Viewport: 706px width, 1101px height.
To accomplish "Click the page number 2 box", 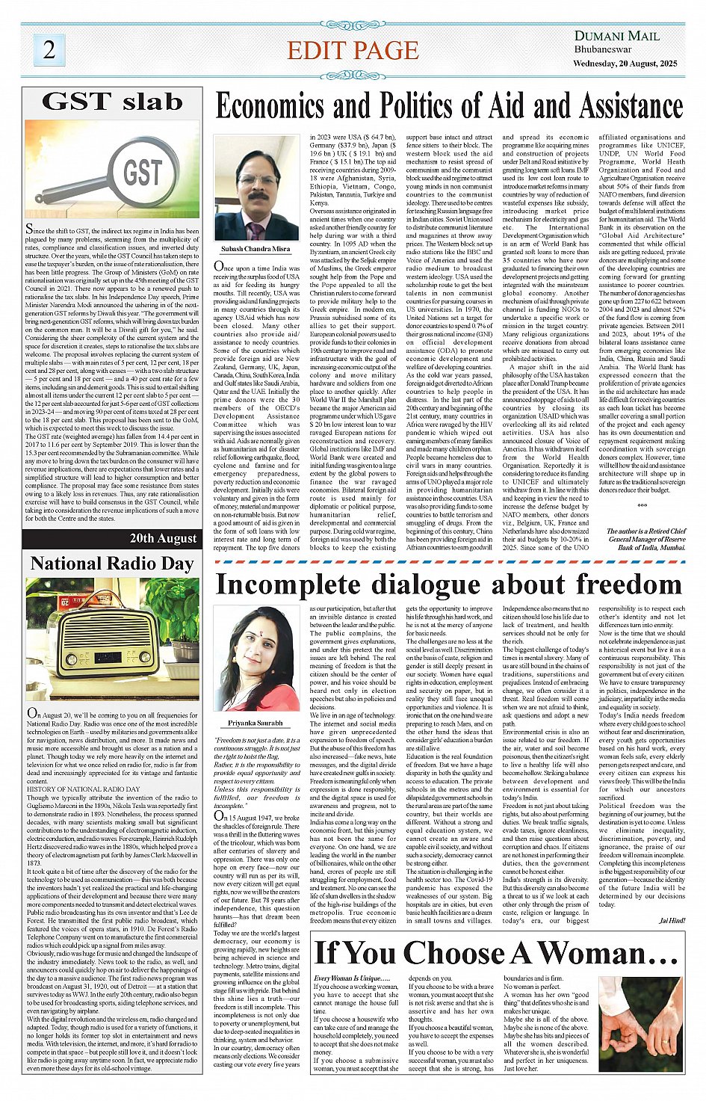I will click(x=49, y=50).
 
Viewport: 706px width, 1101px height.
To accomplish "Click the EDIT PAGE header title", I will click(x=353, y=51).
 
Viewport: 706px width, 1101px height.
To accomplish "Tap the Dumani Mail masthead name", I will click(x=616, y=36).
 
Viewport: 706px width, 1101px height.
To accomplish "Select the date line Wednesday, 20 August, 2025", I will click(x=625, y=64).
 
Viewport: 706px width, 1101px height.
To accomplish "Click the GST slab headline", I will click(x=112, y=102).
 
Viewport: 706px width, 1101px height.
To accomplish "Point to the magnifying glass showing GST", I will click(x=134, y=173).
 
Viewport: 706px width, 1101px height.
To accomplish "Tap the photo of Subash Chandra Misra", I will click(x=256, y=187).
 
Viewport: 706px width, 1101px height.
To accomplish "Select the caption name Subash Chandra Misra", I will click(x=256, y=249).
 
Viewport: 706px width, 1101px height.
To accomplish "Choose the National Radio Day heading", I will click(x=112, y=563).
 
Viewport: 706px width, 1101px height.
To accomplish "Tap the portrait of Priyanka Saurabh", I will click(x=257, y=658).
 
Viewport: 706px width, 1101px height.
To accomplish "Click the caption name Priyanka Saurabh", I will click(x=256, y=724).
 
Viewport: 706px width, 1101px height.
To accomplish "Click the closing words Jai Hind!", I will click(x=672, y=920).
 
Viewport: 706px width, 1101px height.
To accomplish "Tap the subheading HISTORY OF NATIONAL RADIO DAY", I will click(x=83, y=789).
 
